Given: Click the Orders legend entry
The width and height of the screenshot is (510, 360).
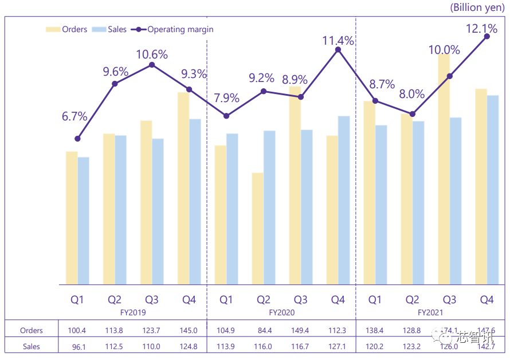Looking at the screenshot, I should pos(67,29).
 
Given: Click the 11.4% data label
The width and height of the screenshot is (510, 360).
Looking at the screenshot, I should pos(338,41).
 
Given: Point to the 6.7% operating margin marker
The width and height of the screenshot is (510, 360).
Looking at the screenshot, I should pos(77,139).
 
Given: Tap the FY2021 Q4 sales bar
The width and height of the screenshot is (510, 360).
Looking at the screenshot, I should pos(493,189).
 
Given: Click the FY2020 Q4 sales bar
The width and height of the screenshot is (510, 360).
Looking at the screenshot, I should pos(344,200).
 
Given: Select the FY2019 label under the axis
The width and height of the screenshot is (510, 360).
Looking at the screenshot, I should pos(134,313).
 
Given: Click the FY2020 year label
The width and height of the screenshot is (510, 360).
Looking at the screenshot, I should pos(282,313).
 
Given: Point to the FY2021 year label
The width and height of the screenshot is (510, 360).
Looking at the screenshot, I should pos(431,313).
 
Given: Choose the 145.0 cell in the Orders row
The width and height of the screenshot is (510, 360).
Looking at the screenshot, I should pos(188,330).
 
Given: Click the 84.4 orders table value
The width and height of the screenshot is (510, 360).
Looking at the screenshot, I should pos(263,330).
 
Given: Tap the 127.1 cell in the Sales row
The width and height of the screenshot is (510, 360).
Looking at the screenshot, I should pos(338,346).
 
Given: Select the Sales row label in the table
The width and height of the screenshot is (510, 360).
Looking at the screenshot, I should pos(32,346).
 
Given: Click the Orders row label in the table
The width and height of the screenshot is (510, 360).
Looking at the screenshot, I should pos(32,330).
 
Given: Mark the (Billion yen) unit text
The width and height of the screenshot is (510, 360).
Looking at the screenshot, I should pos(477,7).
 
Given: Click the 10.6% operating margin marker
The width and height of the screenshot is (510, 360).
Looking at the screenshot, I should pos(152,65).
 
